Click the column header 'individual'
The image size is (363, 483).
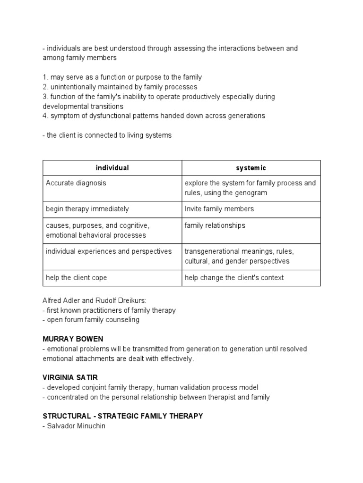[x=112, y=168]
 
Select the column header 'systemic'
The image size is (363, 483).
[x=251, y=168]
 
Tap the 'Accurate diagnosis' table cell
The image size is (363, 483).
[x=76, y=183]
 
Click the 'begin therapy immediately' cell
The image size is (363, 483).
[x=87, y=209]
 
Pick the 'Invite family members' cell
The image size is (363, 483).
[x=219, y=209]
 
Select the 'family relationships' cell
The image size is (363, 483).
[x=215, y=225]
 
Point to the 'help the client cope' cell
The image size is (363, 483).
[x=76, y=278]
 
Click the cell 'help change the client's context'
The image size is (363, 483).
[x=234, y=278]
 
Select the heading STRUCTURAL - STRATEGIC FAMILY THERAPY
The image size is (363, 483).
[x=122, y=416]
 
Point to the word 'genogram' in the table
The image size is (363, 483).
[x=251, y=192]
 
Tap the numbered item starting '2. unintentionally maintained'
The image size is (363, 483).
[x=120, y=87]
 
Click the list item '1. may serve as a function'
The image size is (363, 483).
[x=122, y=77]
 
